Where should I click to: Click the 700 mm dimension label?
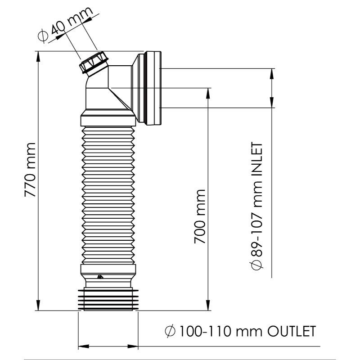pos(200,216)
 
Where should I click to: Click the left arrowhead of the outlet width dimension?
pos(84,346)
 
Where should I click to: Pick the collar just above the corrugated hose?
pos(108,121)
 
